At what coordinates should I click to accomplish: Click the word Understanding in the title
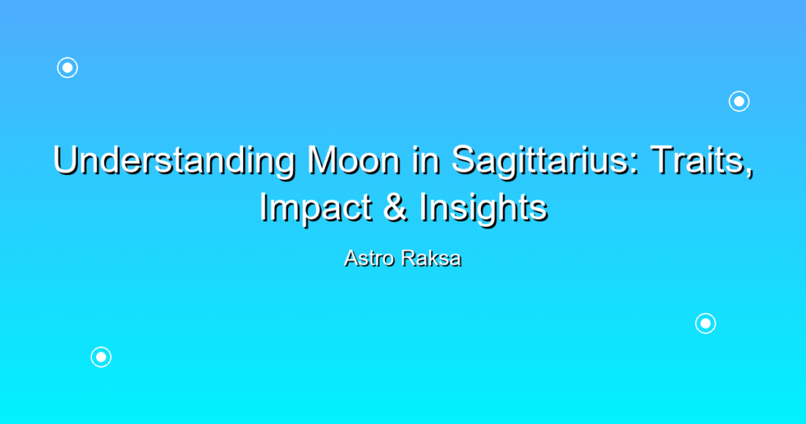point(175,161)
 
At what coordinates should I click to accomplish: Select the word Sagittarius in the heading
point(541,161)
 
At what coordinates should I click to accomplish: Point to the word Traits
point(697,160)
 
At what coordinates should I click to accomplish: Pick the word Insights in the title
point(483,208)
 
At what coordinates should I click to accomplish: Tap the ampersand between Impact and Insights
point(394,207)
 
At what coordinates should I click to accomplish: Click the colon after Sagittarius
point(635,165)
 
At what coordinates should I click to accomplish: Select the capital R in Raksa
point(409,258)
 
